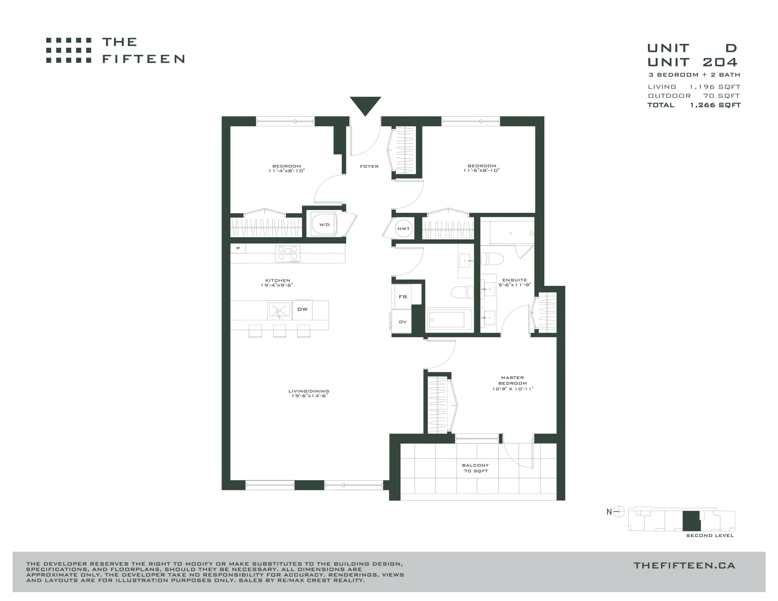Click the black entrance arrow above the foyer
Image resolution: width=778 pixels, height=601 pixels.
[365, 105]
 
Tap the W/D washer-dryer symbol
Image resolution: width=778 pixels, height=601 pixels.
[323, 224]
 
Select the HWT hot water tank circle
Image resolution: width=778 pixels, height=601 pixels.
[404, 229]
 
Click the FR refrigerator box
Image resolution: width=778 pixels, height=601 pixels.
[403, 297]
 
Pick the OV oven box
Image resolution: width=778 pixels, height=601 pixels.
[402, 322]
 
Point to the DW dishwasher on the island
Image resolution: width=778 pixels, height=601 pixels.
[302, 310]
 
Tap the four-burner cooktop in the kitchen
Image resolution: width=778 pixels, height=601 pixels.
[288, 254]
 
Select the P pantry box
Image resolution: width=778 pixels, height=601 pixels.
[238, 248]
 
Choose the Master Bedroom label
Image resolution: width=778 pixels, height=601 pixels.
[513, 383]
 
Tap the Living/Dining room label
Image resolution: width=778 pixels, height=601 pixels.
[309, 393]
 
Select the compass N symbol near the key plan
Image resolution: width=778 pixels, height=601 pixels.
[615, 512]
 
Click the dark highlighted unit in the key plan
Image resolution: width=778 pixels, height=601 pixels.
[691, 521]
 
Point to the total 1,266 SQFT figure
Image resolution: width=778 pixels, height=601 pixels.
[715, 105]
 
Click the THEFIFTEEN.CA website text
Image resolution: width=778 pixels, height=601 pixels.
[684, 565]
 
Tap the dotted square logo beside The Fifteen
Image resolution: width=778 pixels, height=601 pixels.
[68, 50]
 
